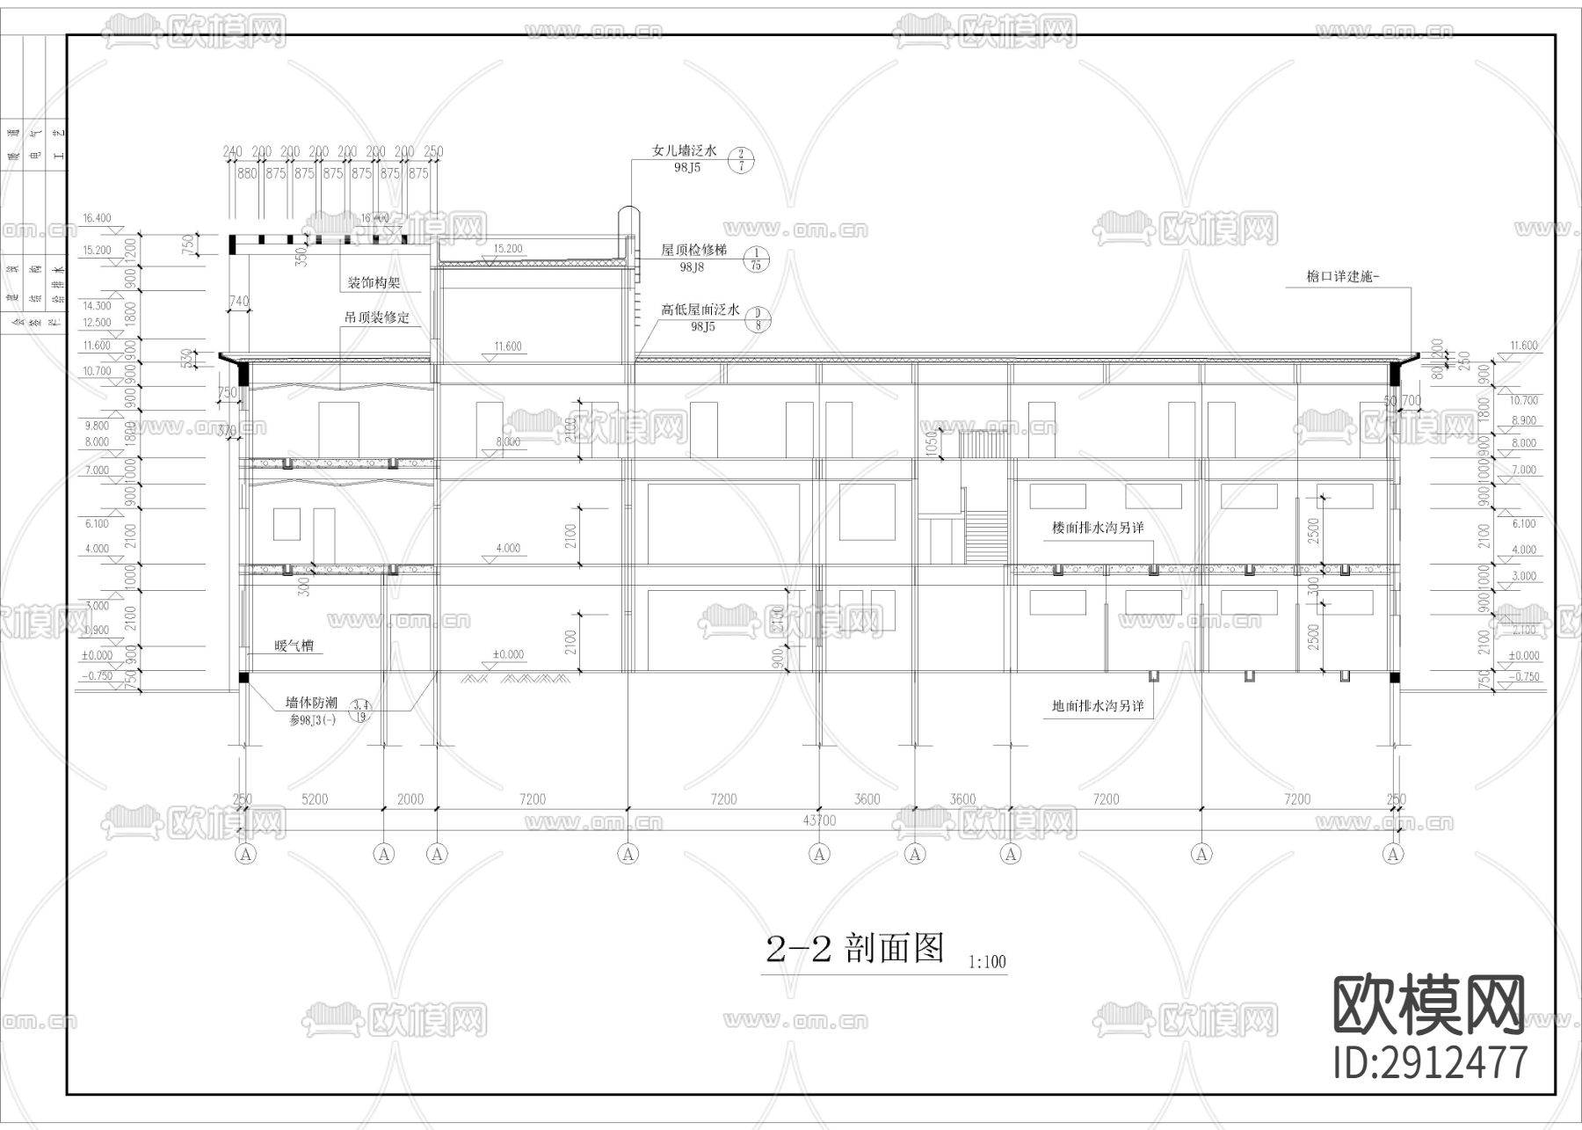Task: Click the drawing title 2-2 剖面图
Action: [x=854, y=949]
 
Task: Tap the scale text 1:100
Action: [x=986, y=962]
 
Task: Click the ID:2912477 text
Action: [x=1431, y=1061]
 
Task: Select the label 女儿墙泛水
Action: [x=684, y=151]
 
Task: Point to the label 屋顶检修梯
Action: [x=693, y=251]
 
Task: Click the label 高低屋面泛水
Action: [x=700, y=310]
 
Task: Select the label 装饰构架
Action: [x=374, y=283]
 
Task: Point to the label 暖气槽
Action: [x=294, y=646]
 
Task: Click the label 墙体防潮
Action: [x=311, y=703]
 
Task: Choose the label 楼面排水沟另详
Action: [x=1098, y=529]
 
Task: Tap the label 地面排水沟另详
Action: [x=1098, y=705]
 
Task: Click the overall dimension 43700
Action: [x=819, y=820]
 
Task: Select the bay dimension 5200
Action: [x=315, y=799]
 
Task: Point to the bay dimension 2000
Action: [x=410, y=799]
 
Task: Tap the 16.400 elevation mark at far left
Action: [x=97, y=218]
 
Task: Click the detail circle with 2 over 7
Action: [x=741, y=159]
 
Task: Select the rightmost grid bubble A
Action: [x=1393, y=853]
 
